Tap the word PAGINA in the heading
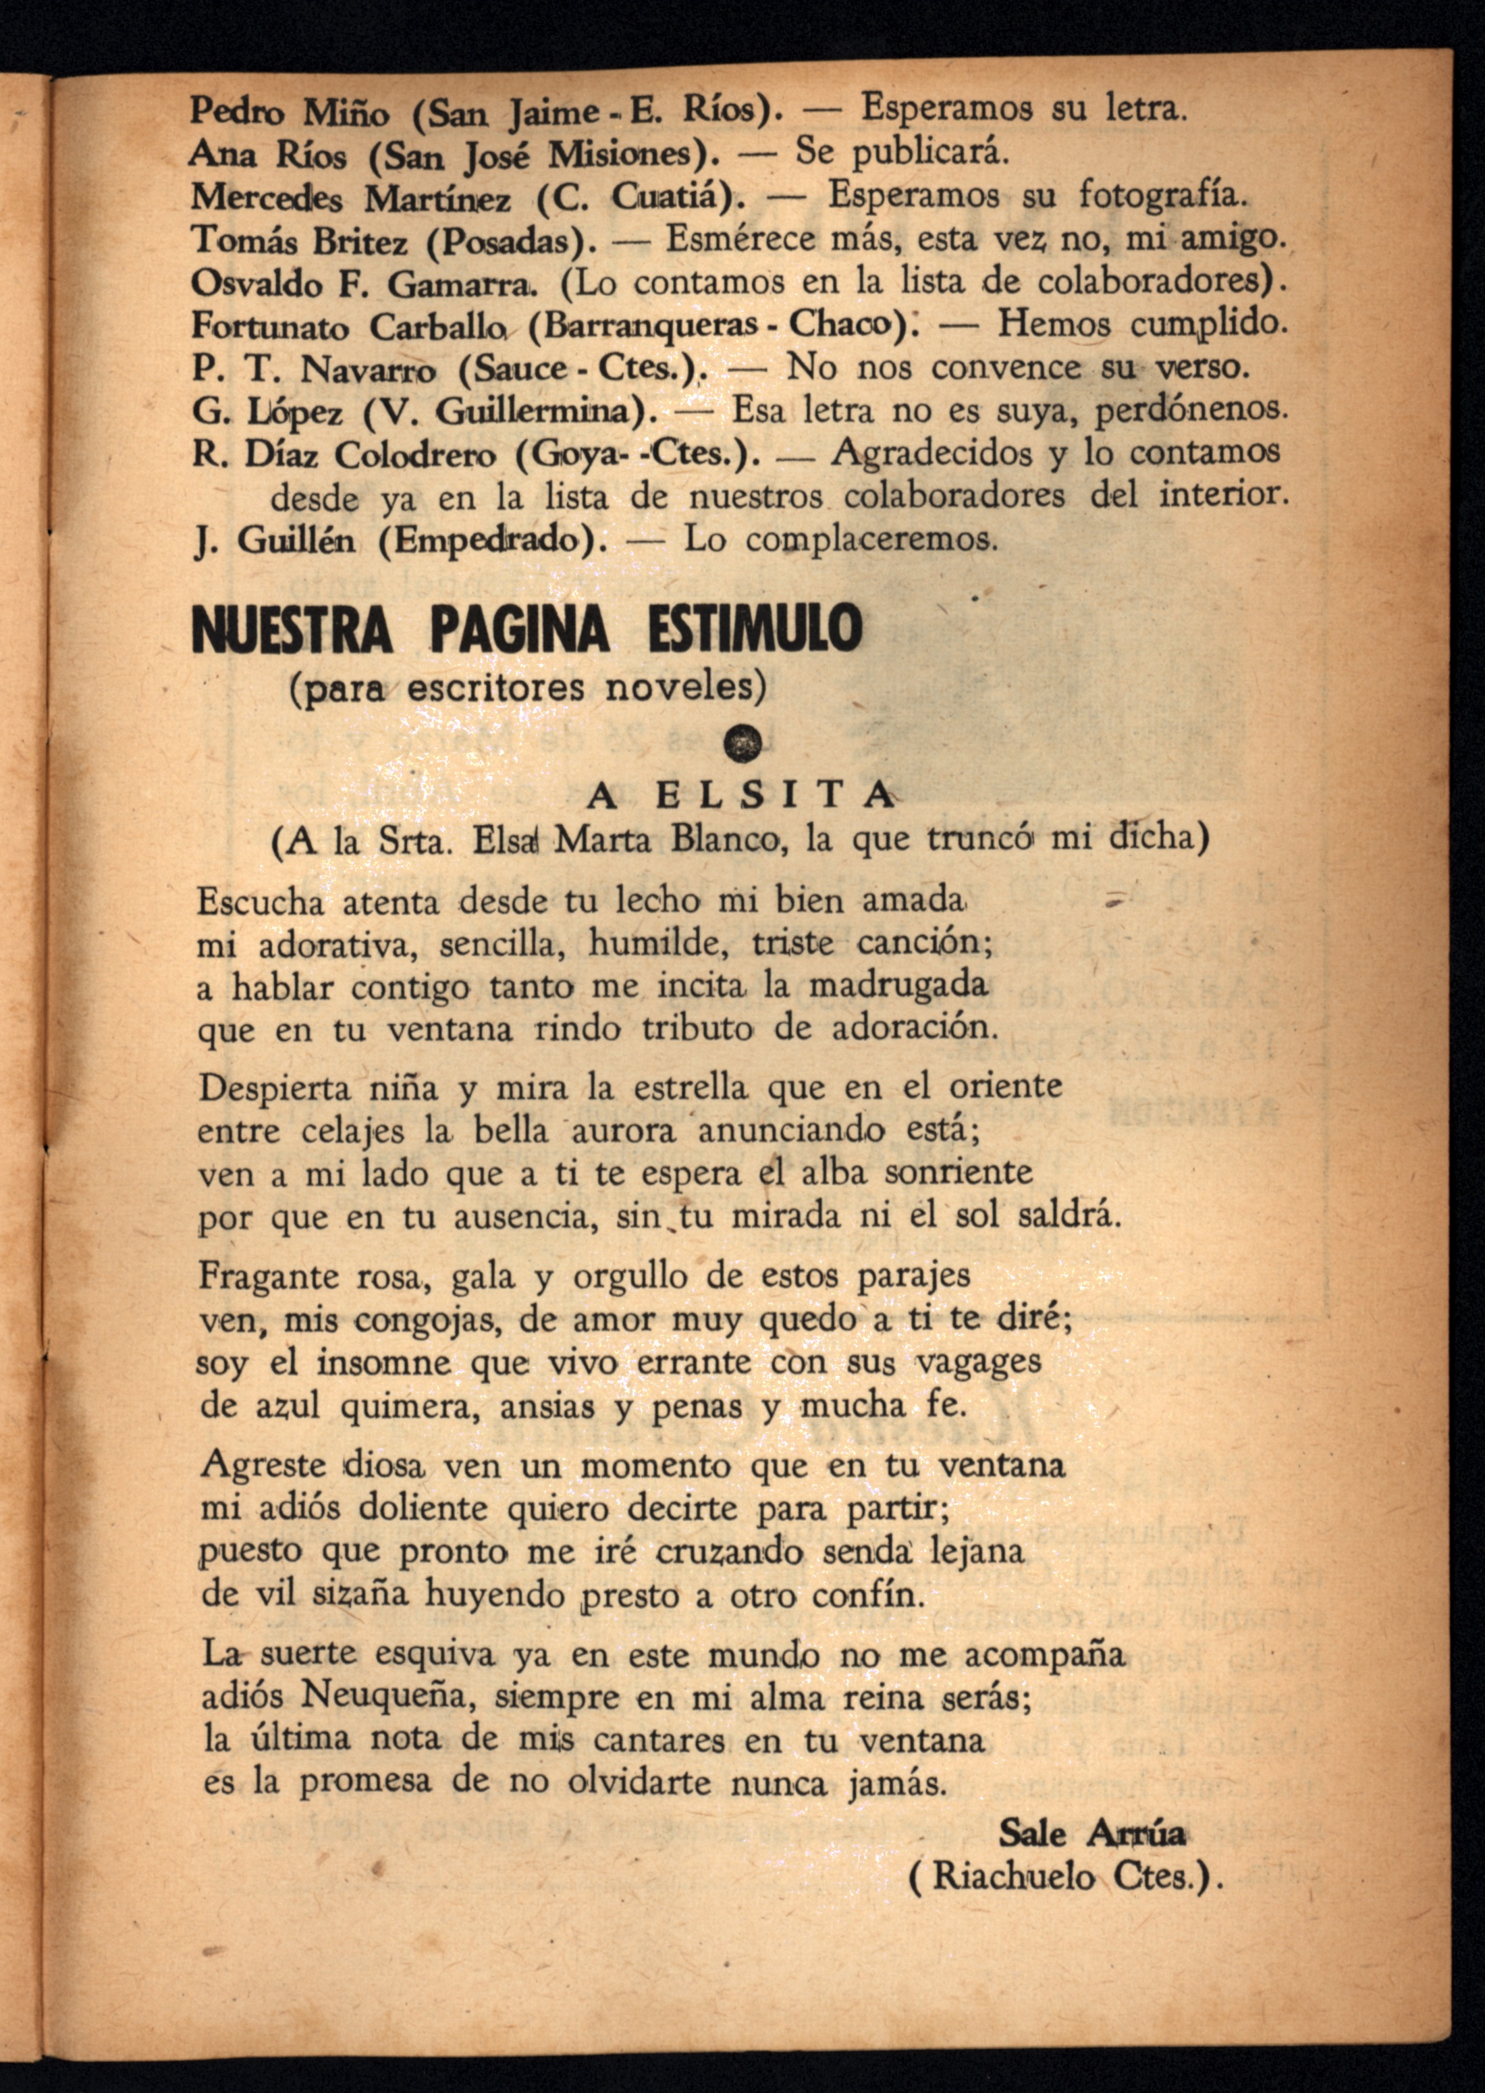519,629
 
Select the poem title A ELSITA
740,795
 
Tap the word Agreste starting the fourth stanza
263,1464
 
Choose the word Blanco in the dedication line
728,839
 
